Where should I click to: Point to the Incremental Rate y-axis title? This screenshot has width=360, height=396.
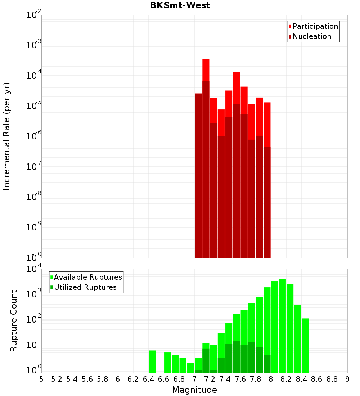tap(7, 136)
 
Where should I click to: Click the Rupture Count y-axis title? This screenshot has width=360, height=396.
tap(14, 321)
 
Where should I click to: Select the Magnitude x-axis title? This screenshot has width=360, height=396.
tap(194, 390)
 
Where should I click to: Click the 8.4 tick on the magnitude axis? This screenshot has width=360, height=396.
tap(302, 379)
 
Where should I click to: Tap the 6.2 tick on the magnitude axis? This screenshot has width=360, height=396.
tap(133, 379)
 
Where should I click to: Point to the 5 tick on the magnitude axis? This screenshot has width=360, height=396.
tap(41, 379)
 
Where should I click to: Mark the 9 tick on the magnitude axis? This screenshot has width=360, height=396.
tap(347, 379)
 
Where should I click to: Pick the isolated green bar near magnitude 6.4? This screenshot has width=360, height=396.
tap(152, 361)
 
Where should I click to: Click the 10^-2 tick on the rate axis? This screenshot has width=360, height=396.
tap(34, 15)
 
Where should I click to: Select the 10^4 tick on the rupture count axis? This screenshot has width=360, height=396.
tap(34, 269)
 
